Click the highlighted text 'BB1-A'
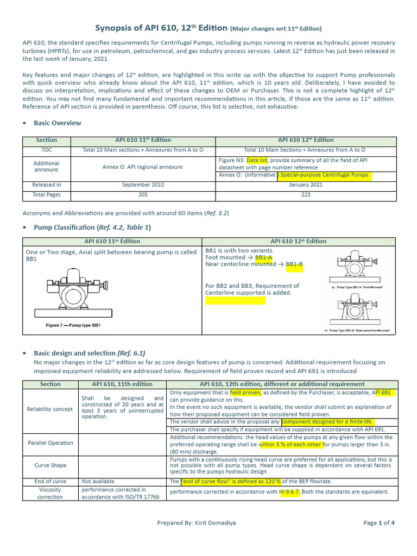coord(263,257)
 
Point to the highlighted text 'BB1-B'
coord(294,264)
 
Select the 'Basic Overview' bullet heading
coord(57,123)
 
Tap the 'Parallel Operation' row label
coord(50,443)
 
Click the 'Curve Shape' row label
coord(50,465)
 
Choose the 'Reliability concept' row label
coord(50,409)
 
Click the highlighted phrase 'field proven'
coord(245,392)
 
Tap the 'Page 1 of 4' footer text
coord(379,523)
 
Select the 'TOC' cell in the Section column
coord(50,149)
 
